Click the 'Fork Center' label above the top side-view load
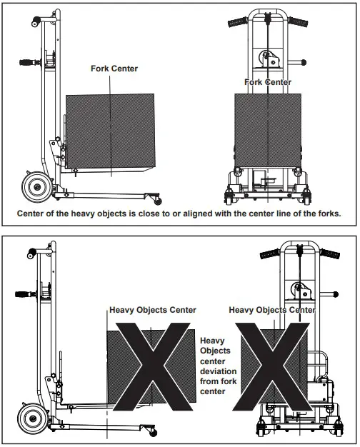pyautogui.click(x=114, y=69)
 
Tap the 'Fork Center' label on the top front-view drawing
pyautogui.click(x=268, y=82)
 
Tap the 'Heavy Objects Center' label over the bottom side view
pyautogui.click(x=151, y=311)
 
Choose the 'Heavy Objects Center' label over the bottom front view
pyautogui.click(x=272, y=311)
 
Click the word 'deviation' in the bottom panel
pyautogui.click(x=221, y=371)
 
